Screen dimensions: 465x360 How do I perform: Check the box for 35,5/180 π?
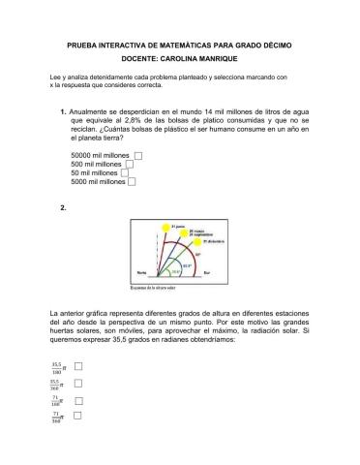click(77, 367)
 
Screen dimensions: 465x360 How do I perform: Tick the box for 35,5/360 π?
click(77, 384)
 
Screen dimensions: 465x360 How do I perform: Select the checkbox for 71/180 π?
click(77, 398)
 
